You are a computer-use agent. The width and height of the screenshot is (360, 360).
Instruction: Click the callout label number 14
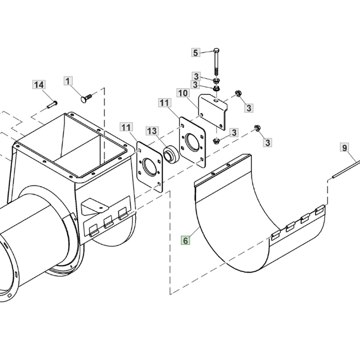click(x=39, y=85)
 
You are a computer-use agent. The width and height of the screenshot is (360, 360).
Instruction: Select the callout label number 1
click(x=68, y=81)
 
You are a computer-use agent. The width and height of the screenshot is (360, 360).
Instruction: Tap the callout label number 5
click(x=195, y=53)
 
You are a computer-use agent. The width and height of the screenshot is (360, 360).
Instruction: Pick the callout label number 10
click(x=183, y=93)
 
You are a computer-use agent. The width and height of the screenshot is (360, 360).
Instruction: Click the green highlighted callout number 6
click(x=185, y=240)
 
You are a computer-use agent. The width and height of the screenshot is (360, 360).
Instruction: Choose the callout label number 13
click(x=152, y=131)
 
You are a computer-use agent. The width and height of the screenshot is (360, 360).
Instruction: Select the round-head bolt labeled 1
click(x=86, y=98)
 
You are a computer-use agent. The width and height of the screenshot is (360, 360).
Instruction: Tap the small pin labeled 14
click(x=52, y=104)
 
